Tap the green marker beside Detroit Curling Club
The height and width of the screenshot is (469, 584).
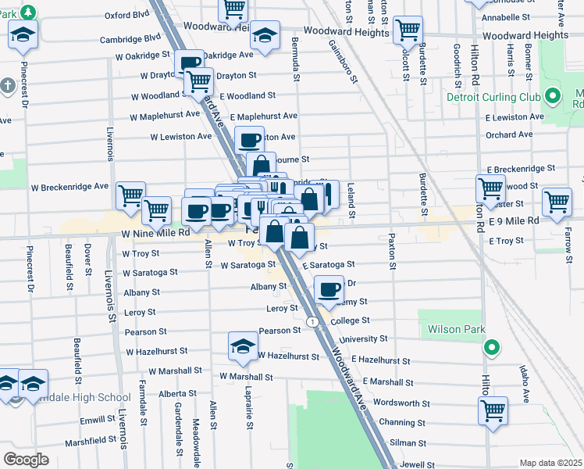coord(553,98)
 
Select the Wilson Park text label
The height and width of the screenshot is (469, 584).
coord(456,330)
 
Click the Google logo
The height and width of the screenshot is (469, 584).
coord(26,459)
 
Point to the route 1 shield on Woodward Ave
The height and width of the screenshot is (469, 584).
coord(312,322)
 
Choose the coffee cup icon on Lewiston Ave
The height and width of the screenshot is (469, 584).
coord(249,140)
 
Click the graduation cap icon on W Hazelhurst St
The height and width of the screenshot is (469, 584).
coord(243,345)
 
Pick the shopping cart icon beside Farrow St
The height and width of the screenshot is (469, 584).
coord(557,201)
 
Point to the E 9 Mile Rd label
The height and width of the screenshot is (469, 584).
coord(512,221)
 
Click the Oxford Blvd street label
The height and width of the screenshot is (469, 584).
coord(126,14)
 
